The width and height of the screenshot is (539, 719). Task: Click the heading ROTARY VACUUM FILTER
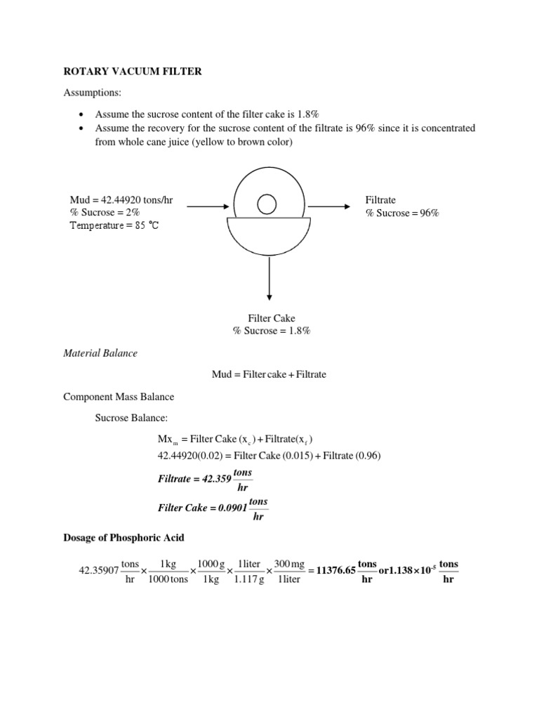[133, 72]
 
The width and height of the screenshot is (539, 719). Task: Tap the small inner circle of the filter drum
[267, 204]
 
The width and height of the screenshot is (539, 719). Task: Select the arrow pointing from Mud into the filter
[208, 206]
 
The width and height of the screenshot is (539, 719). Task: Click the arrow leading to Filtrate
[328, 206]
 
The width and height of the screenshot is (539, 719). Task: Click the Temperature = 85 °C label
[114, 226]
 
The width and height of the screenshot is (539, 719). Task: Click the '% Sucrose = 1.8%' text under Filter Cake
[272, 331]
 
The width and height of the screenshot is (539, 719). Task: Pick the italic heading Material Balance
[100, 353]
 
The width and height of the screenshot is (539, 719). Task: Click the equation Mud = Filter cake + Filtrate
[269, 375]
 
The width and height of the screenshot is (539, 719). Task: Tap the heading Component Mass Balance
[119, 397]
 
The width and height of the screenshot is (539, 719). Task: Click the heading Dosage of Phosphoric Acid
[124, 538]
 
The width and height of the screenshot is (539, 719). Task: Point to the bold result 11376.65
[336, 571]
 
